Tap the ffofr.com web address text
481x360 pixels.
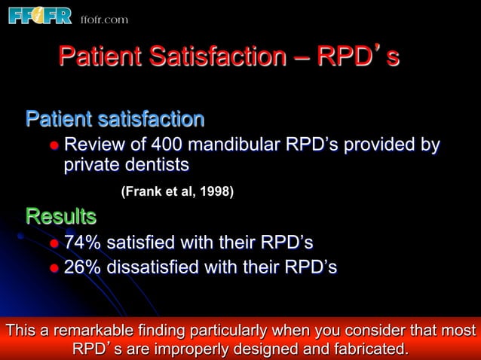pos(104,20)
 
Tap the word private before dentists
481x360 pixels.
pos(92,164)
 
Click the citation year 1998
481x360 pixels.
pos(217,192)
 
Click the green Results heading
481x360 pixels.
pos(61,217)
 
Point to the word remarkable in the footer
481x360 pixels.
pos(96,332)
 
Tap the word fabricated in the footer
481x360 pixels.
pos(366,349)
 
